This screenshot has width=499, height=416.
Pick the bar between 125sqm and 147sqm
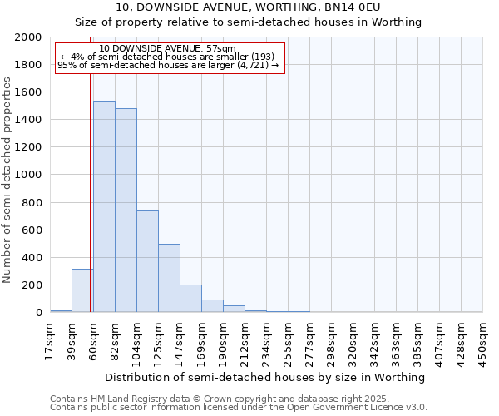[169, 278]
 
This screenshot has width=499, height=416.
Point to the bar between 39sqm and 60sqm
[82, 290]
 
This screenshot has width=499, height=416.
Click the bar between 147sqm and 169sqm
[190, 299]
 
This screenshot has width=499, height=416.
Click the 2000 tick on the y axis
[29, 37]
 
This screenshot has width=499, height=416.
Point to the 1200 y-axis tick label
[29, 147]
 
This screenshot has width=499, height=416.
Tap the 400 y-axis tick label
[32, 258]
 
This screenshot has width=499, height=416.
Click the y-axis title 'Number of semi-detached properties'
[7, 180]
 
